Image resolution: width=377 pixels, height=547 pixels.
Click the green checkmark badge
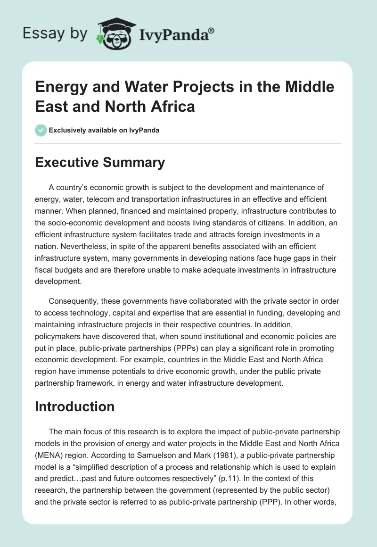[41, 130]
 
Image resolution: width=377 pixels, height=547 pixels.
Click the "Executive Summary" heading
[100, 163]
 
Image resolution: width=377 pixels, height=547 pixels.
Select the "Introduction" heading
[74, 406]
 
